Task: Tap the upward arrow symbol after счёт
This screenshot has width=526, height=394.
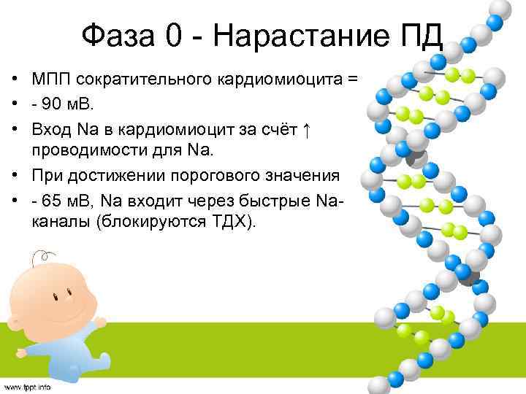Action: (x=308, y=129)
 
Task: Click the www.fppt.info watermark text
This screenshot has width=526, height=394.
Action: (x=27, y=386)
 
